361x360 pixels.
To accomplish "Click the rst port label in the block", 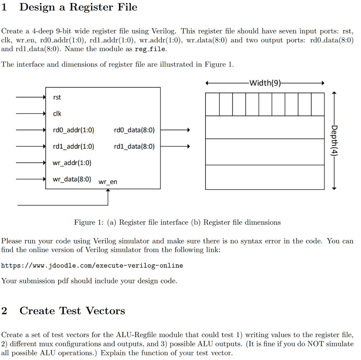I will [57, 98].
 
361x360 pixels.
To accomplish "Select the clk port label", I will [57, 114].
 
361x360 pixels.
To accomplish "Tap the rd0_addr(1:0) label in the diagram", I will [73, 130].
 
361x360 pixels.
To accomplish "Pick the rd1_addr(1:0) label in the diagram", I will [73, 147].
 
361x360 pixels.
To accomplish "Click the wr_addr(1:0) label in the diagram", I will [72, 163].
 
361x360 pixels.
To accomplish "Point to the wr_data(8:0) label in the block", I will [72, 179].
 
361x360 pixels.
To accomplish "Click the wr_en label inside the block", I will [108, 182].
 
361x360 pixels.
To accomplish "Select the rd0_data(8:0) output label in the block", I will [134, 130].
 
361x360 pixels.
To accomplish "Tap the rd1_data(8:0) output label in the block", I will [134, 147].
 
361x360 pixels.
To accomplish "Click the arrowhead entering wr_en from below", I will [108, 191].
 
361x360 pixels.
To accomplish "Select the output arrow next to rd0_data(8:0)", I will [175, 130].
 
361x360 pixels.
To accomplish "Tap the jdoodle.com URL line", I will [92, 265].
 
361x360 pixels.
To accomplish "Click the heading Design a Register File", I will [78, 7].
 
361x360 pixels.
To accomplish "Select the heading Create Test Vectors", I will [72, 311].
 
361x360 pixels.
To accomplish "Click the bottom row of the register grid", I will [264, 177].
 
